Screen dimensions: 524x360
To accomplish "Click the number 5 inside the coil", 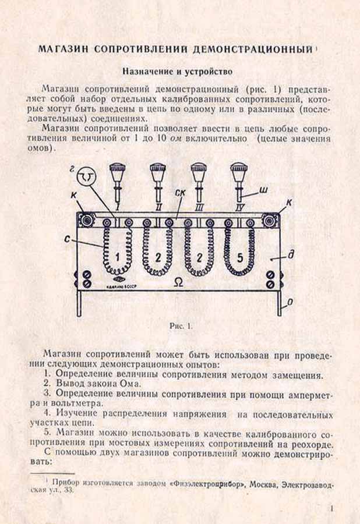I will tap(240, 257).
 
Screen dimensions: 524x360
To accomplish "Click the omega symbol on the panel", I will tap(177, 282).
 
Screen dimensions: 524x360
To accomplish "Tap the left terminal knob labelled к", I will tap(88, 220).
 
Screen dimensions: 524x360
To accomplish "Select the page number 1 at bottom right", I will tap(331, 508).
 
